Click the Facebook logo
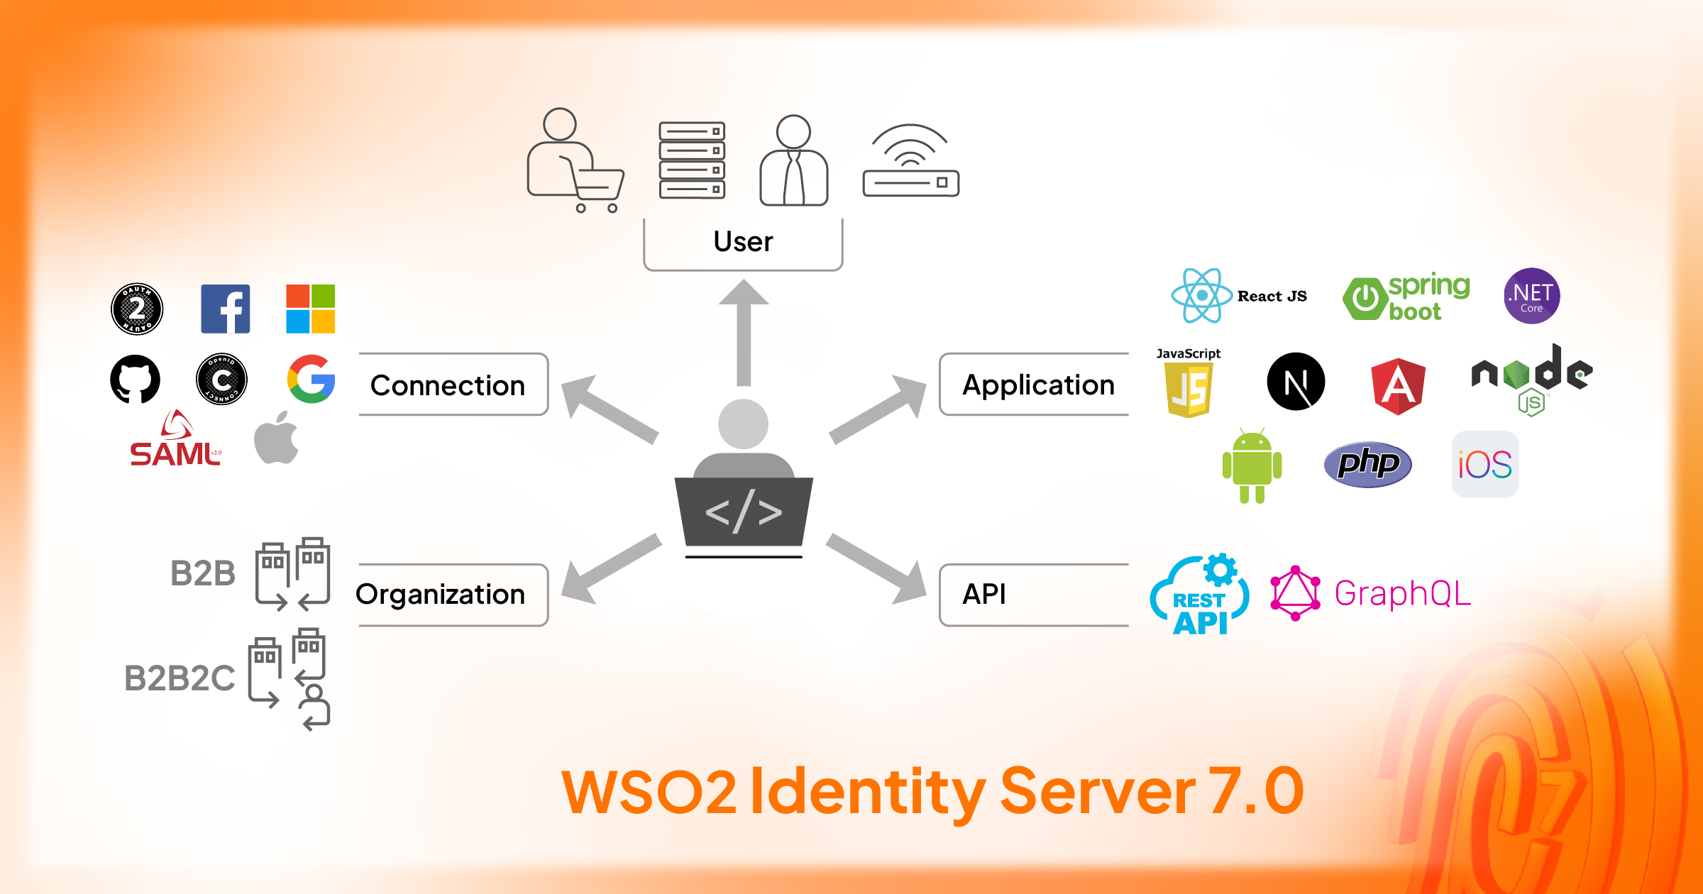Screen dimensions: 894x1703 pos(226,309)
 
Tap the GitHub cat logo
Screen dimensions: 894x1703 pos(135,379)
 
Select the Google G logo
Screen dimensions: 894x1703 pos(311,379)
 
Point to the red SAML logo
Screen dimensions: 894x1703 pos(175,441)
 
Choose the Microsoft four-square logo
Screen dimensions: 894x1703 pos(310,309)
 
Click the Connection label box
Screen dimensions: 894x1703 pos(453,385)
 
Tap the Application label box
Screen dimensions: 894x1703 pos(1036,385)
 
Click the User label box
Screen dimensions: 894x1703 pos(743,243)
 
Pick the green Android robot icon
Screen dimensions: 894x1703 pos(1252,466)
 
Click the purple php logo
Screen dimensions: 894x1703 pos(1367,465)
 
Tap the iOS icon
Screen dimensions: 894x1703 pos(1484,465)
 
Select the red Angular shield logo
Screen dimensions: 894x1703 pos(1398,386)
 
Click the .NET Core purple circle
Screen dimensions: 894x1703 pos(1531,296)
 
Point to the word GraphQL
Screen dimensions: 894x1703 pos(1403,594)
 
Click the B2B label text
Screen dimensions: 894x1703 pos(203,573)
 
